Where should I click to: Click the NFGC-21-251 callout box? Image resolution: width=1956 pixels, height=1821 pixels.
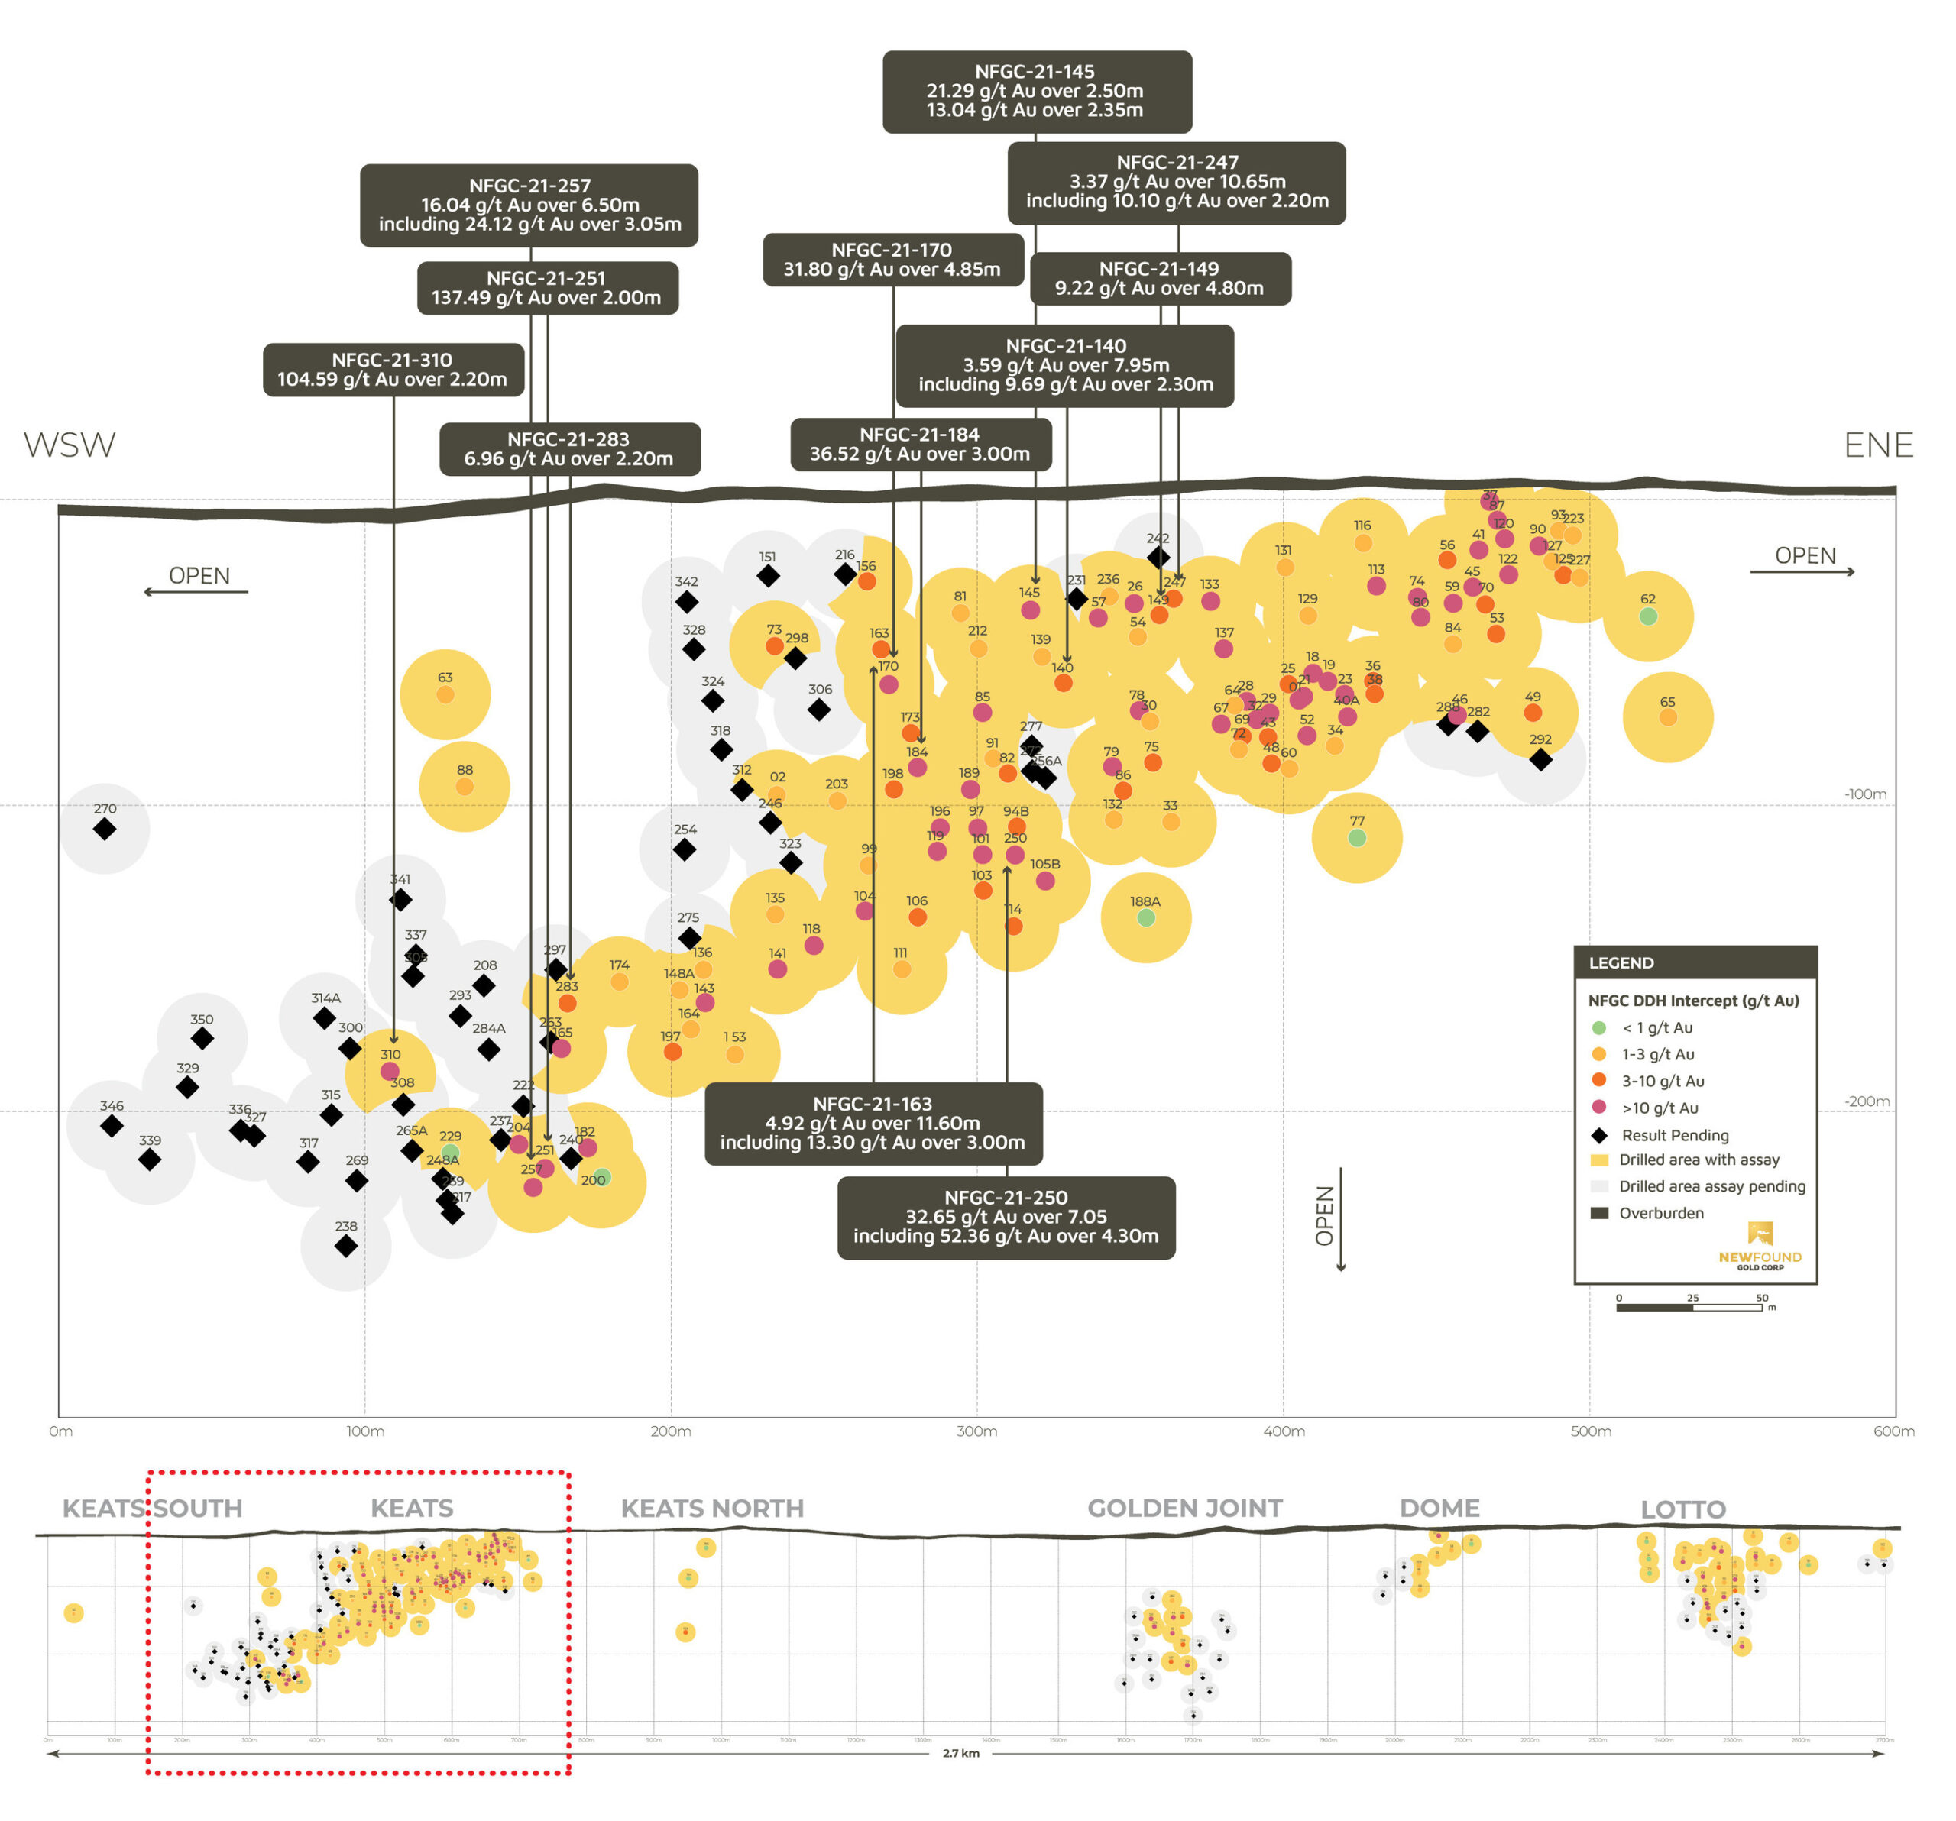(547, 287)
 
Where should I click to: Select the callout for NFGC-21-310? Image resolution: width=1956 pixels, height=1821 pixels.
(393, 369)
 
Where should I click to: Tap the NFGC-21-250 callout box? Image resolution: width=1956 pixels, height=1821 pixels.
(1006, 1217)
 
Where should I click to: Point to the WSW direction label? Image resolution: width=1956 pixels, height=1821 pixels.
(69, 445)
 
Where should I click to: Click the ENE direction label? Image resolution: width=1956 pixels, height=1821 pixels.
(1877, 445)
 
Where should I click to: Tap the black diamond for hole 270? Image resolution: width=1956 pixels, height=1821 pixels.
(104, 830)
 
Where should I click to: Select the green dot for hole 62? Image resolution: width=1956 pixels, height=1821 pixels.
(1648, 617)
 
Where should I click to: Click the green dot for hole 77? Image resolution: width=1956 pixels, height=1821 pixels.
(1357, 838)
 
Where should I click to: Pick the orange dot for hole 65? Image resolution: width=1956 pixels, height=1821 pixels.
(1668, 717)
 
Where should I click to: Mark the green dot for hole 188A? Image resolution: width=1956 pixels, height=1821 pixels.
(1145, 918)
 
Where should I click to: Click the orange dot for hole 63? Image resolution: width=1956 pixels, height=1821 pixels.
(445, 694)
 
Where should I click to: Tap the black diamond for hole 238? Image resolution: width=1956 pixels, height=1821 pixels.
(345, 1247)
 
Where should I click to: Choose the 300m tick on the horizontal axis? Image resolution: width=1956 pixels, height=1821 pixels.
(977, 1431)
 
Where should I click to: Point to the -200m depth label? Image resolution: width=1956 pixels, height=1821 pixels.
(1867, 1102)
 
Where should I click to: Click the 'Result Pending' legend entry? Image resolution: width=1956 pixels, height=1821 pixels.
(1675, 1135)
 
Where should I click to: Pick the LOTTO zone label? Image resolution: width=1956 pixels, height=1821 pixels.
(1682, 1509)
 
